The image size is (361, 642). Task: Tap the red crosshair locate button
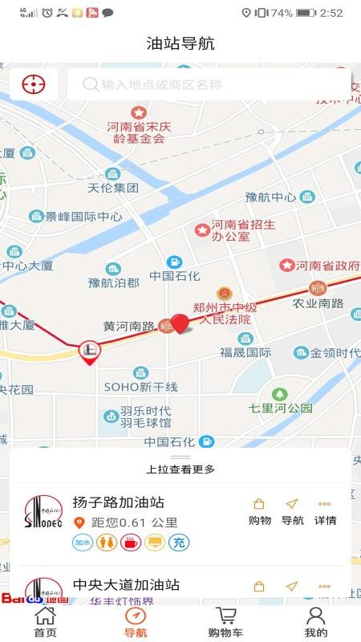34,83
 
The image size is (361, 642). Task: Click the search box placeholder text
160,84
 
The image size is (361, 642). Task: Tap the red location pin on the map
180,324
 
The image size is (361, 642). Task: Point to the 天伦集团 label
113,188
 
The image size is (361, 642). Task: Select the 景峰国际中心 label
83,217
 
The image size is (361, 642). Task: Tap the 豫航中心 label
270,197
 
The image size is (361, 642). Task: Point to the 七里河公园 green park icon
279,394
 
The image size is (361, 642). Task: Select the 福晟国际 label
245,351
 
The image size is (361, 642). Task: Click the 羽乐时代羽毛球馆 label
145,416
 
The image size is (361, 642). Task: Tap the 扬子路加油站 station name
118,502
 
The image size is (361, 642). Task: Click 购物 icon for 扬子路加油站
259,511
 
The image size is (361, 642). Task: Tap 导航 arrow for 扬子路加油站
292,511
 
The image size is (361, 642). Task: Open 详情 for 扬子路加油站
325,511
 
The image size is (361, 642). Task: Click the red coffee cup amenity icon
130,542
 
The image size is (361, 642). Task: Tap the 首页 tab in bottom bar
45,622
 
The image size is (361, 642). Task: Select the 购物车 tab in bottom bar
225,622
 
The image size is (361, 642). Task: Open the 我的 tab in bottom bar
315,622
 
